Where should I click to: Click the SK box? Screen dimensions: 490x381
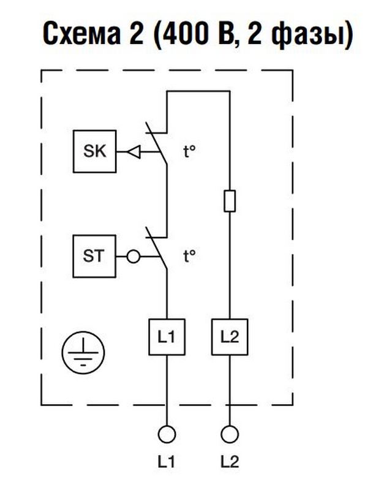coord(93,151)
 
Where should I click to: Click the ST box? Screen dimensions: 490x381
coord(93,255)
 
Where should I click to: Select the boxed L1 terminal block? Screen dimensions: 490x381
coord(167,336)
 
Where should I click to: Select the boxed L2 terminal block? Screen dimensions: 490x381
coord(229,336)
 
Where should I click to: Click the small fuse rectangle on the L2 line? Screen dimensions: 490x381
coord(229,201)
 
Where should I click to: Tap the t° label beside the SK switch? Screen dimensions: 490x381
coord(189,151)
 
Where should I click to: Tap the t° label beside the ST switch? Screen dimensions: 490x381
coord(189,255)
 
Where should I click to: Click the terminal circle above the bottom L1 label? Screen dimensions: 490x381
coord(167,434)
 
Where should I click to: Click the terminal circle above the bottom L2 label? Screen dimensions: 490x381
coord(229,434)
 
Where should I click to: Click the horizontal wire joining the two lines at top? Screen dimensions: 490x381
coord(198,91)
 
